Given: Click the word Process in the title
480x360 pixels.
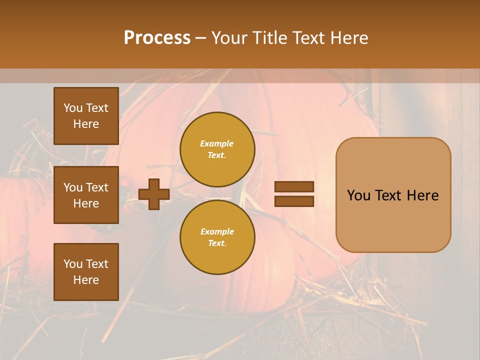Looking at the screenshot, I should click(157, 37).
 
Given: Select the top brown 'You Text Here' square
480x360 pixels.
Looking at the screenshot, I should click(86, 116).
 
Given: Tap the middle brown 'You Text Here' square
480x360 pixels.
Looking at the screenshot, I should click(86, 195).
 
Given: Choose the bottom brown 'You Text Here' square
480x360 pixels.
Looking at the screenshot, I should click(86, 272).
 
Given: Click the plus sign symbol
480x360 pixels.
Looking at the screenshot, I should click(154, 194).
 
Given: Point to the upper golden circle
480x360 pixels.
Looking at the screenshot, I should click(217, 149).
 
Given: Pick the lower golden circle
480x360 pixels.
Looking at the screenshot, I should click(217, 237).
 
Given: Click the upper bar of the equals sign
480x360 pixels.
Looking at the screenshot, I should click(294, 186).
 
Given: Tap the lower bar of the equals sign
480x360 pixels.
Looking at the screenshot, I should click(294, 201).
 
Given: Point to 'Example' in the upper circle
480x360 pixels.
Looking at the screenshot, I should click(217, 143).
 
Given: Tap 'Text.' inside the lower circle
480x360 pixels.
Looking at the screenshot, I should click(217, 243).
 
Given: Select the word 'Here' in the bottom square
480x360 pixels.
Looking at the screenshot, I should click(86, 280).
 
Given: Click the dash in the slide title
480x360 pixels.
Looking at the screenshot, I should click(200, 38).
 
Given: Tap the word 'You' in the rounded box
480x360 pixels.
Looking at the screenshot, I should click(358, 195).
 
